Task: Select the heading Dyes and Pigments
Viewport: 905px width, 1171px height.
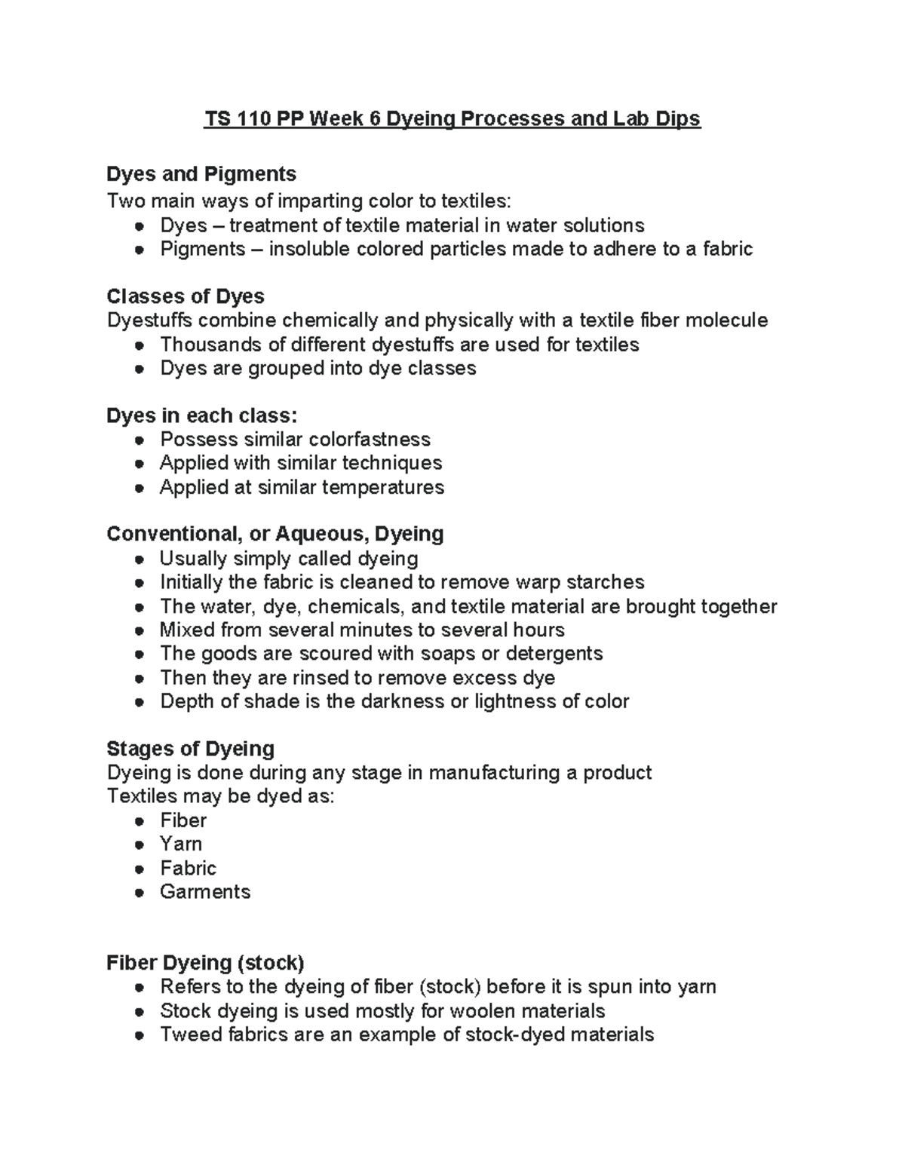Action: click(x=201, y=174)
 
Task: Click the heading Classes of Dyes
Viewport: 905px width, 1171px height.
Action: click(x=186, y=296)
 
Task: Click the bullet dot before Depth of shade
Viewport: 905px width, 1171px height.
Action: click(x=139, y=702)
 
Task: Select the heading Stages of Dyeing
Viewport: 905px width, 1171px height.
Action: click(x=190, y=749)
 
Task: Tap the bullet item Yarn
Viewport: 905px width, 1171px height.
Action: click(x=181, y=844)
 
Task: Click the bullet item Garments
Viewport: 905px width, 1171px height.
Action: click(x=205, y=891)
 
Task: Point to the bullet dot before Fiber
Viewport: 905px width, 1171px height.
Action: click(x=139, y=821)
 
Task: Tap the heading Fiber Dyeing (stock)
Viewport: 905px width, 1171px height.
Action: click(x=205, y=963)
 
